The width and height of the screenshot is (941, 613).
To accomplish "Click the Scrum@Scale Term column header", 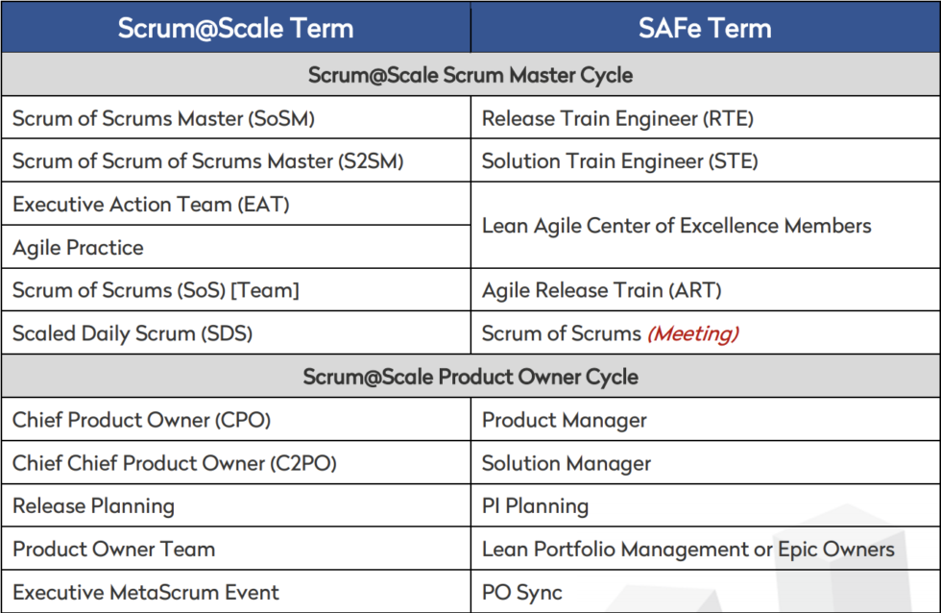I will tap(235, 28).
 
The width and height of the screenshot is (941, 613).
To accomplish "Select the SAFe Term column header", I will tap(705, 28).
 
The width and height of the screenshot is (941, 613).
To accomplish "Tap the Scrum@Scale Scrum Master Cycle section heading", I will tap(470, 75).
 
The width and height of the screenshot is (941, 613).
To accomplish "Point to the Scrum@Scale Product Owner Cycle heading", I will tap(470, 377).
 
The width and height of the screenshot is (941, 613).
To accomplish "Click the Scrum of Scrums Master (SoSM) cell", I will tap(163, 119).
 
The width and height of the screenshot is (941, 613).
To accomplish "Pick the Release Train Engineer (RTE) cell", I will tap(617, 119).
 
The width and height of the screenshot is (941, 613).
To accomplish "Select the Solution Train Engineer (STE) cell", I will tap(619, 161).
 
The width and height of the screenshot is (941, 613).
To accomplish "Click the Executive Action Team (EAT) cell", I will tap(151, 205).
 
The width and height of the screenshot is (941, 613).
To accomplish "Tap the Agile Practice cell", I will tap(78, 248).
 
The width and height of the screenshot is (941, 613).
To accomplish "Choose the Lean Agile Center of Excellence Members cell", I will tap(676, 226).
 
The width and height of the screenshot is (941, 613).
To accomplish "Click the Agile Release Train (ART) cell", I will tap(601, 290).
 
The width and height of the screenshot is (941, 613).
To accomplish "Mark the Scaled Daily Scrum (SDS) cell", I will tap(133, 333).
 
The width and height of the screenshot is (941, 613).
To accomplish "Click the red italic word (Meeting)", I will tap(692, 334).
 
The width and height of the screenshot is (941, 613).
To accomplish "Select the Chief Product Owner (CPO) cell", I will tap(141, 420).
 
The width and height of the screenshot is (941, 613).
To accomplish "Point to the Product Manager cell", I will tap(564, 420).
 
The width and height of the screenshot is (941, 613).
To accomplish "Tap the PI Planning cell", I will tap(535, 506).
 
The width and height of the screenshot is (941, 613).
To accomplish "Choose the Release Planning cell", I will tap(93, 506).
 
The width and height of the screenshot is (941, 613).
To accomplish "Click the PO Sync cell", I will tap(521, 592).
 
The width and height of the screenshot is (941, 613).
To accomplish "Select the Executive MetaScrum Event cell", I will tap(146, 592).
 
